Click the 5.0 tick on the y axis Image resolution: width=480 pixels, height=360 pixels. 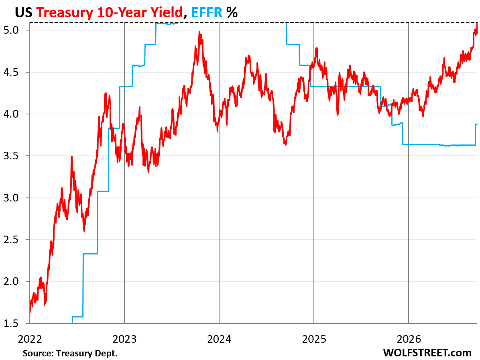tap(11, 30)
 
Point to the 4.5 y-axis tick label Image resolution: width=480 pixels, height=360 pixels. tap(11, 72)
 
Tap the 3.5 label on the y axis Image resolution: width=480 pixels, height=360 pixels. tap(11, 156)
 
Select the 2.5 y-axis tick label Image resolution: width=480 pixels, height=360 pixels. tap(11, 240)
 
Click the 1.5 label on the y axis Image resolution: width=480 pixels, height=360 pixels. tap(11, 323)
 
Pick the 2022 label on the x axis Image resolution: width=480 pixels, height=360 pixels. tap(30, 339)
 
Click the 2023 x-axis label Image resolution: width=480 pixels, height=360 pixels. tap(124, 339)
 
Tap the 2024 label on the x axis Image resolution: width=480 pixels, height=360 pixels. tap(219, 339)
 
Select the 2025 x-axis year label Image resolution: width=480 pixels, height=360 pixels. tap(314, 339)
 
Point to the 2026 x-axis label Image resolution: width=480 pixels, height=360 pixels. tap(409, 339)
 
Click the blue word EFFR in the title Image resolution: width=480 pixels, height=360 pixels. tap(207, 12)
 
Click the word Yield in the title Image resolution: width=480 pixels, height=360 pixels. tap(167, 12)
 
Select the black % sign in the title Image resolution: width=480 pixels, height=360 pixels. tap(232, 12)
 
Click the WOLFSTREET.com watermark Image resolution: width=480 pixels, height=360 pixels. tap(427, 353)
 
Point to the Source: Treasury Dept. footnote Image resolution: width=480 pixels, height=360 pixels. tap(70, 353)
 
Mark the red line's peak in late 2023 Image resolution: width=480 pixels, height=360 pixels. tap(199, 32)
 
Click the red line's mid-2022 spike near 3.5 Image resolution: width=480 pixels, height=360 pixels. tap(71, 157)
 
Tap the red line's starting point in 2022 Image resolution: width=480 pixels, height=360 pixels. tap(30, 313)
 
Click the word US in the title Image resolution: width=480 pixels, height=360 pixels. tap(24, 12)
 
